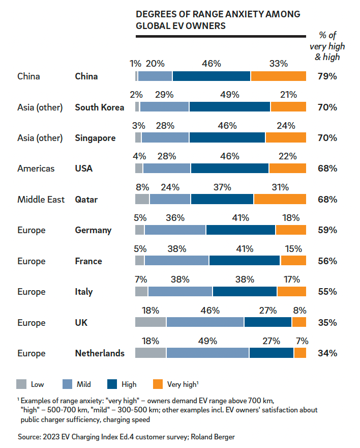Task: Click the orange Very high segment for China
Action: pyautogui.click(x=278, y=76)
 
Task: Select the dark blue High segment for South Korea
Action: pyautogui.click(x=230, y=107)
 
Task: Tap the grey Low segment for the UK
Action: pyautogui.click(x=151, y=322)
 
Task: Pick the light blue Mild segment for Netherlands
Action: pyautogui.click(x=207, y=353)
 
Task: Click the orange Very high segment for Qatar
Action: pyautogui.click(x=280, y=199)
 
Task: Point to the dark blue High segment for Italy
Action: pyautogui.click(x=245, y=291)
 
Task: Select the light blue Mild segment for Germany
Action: pyautogui.click(x=175, y=230)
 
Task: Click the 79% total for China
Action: pyautogui.click(x=327, y=76)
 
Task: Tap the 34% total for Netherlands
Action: pyautogui.click(x=327, y=353)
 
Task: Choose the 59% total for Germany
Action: pyautogui.click(x=327, y=230)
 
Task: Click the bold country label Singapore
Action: pyautogui.click(x=95, y=138)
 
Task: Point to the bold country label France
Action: pyautogui.click(x=88, y=261)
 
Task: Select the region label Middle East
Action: pyautogui.click(x=41, y=200)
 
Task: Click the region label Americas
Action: pyautogui.click(x=36, y=169)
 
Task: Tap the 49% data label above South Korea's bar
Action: pyautogui.click(x=230, y=95)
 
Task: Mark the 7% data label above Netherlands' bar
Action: pyautogui.click(x=302, y=341)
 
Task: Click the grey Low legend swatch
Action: pyautogui.click(x=21, y=384)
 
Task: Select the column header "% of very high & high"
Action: pyautogui.click(x=327, y=46)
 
